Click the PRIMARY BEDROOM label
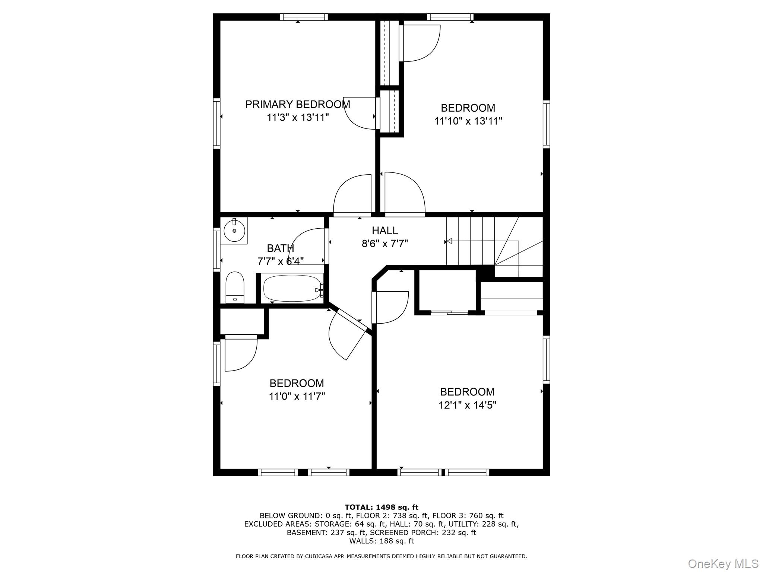coord(297,104)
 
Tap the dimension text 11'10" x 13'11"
coord(468,121)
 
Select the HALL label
coord(384,231)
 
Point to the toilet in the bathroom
coord(235,287)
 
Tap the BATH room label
coord(280,248)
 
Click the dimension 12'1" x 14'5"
coord(467,405)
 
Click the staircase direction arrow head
coord(449,241)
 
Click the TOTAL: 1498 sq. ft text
coord(381,507)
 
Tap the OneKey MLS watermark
coord(723,563)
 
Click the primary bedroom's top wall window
coord(304,17)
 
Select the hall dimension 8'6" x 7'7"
coord(384,244)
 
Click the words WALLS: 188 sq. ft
coord(381,541)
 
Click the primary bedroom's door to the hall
coord(352,196)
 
